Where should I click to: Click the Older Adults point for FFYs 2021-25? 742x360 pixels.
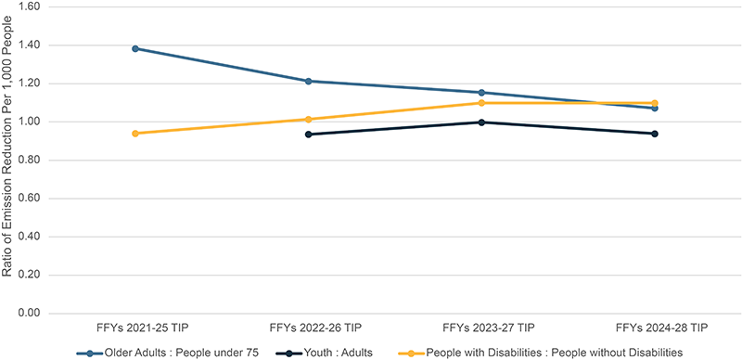[x=135, y=48]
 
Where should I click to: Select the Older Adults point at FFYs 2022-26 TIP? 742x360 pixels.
[x=308, y=81]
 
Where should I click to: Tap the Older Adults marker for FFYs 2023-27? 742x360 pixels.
[x=480, y=93]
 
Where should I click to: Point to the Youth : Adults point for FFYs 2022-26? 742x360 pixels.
[x=308, y=135]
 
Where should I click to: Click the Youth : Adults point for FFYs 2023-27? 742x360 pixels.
[x=480, y=122]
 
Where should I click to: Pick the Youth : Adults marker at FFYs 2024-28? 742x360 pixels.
[x=654, y=134]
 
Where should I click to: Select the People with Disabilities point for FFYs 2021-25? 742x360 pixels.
[x=135, y=134]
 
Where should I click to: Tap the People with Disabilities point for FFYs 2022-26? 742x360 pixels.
[x=308, y=119]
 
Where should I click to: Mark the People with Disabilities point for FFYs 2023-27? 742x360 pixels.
[x=480, y=103]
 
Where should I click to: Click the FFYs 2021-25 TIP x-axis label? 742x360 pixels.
[x=135, y=328]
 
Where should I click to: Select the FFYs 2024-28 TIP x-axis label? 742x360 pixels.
[x=654, y=328]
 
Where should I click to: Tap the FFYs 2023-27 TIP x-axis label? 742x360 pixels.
[x=480, y=328]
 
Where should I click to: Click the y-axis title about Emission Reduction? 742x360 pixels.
[x=8, y=160]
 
